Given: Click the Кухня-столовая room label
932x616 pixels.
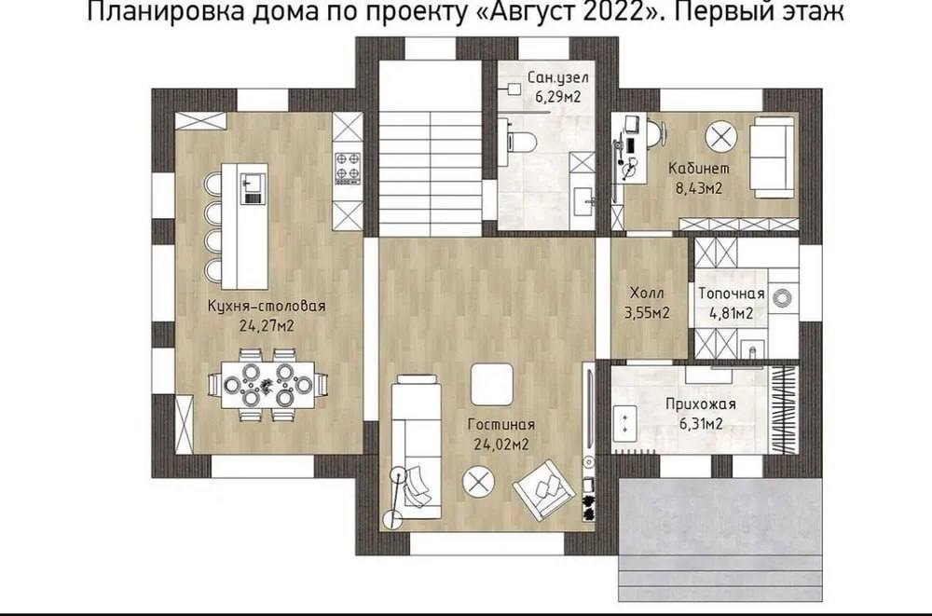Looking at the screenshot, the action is [x=267, y=307].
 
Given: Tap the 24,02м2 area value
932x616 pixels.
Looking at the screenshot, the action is [x=501, y=445].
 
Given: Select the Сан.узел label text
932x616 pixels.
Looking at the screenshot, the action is [x=558, y=78].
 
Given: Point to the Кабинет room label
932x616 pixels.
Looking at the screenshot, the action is [x=699, y=169].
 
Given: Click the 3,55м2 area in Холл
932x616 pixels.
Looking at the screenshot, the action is [x=647, y=313].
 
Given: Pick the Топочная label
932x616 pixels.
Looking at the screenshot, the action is [x=731, y=294].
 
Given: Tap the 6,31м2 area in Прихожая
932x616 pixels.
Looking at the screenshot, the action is [x=700, y=423].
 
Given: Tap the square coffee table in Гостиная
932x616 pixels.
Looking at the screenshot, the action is [x=491, y=384].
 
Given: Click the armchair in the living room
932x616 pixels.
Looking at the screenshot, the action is [x=544, y=487].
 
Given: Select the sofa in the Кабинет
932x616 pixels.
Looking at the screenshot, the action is [x=771, y=157].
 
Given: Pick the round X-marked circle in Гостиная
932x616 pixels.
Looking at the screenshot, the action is [x=478, y=481].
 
